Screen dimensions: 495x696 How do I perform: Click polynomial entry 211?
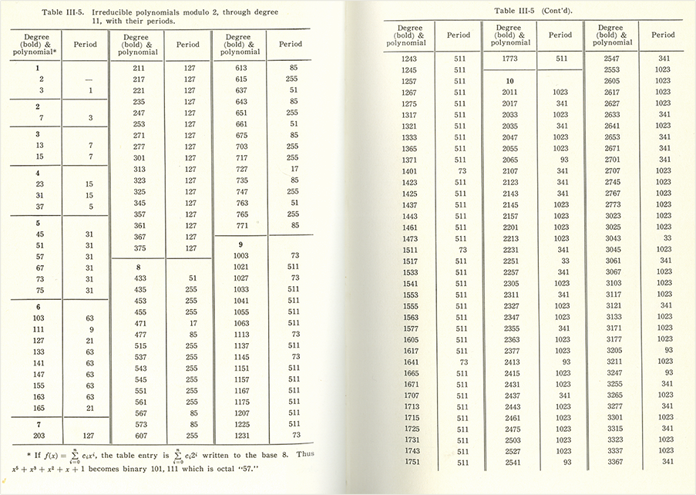[x=139, y=68]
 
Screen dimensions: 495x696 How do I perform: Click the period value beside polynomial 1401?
[x=459, y=171]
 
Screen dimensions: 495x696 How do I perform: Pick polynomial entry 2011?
[x=510, y=93]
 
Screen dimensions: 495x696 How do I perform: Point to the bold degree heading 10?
[x=509, y=81]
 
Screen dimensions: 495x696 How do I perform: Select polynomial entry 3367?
[x=608, y=462]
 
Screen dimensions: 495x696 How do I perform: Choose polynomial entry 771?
[x=239, y=225]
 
